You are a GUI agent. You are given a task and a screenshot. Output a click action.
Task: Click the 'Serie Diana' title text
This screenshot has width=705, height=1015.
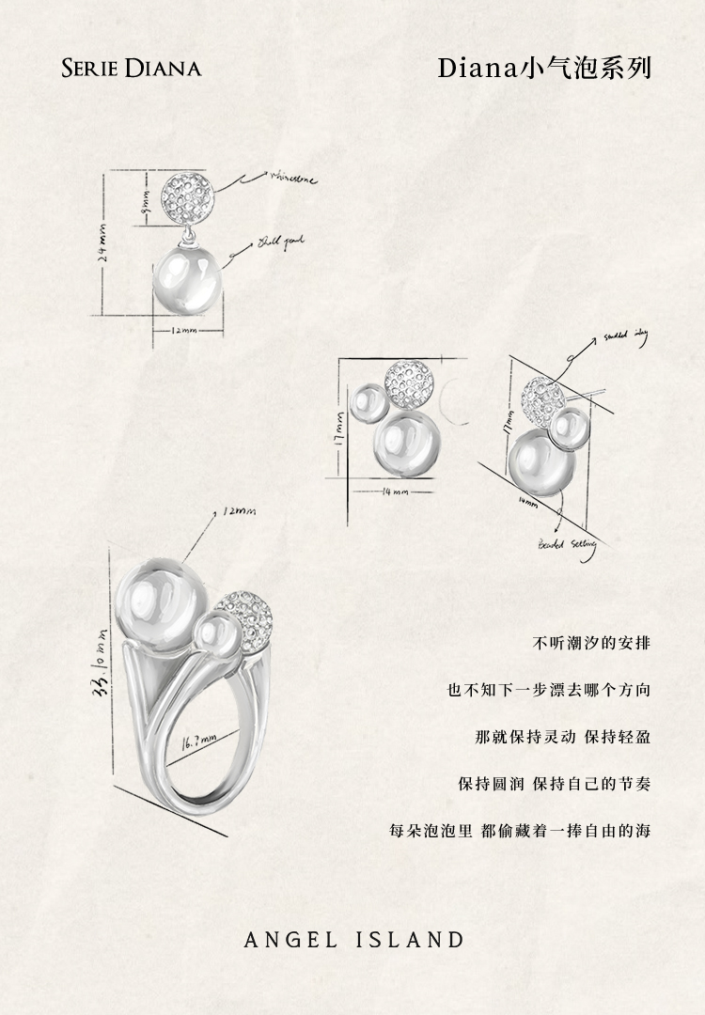point(131,69)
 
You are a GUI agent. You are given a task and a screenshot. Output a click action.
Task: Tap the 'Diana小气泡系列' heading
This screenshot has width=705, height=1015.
point(544,69)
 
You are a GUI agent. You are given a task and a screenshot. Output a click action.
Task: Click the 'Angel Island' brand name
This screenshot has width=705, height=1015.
point(353,940)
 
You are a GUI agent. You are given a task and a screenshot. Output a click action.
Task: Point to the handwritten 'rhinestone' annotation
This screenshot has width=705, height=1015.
point(294,176)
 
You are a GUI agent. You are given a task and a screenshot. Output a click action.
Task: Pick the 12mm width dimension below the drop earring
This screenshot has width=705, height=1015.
point(184,332)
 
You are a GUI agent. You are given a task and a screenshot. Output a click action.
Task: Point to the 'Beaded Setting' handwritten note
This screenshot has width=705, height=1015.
point(565,545)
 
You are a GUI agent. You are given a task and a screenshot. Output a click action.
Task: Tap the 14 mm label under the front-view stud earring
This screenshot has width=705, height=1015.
point(396,492)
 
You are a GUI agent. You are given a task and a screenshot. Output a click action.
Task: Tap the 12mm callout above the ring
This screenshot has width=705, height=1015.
point(240,512)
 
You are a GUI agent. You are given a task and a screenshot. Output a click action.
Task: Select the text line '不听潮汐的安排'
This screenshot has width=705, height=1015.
point(591,644)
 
